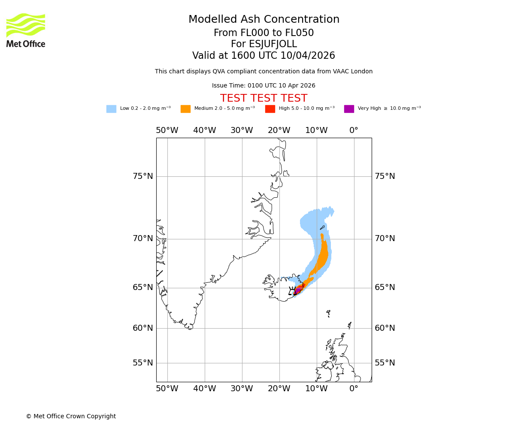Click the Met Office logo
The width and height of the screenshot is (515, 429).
[26, 30]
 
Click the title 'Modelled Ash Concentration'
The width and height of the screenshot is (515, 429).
[264, 20]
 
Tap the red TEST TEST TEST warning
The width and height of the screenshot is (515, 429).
[264, 99]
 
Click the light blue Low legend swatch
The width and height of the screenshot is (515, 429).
[111, 109]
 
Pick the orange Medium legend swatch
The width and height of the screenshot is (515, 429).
[185, 109]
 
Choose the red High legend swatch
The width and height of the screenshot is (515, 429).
[270, 109]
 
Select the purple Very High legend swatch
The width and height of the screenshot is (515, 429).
[349, 109]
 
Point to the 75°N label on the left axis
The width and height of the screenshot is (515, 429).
[142, 176]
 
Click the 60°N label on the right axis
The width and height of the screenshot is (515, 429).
[385, 328]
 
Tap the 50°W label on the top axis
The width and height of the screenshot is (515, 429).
[167, 130]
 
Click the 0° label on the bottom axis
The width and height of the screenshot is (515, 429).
[354, 389]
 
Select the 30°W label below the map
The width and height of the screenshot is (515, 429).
[242, 389]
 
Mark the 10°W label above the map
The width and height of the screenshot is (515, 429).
[316, 130]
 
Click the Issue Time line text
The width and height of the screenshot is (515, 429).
[264, 86]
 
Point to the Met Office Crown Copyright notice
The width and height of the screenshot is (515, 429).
[71, 417]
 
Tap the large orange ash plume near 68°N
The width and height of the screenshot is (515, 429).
[323, 257]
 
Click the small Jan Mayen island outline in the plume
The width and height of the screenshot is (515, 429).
[322, 227]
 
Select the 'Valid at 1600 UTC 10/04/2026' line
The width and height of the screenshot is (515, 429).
[264, 56]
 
